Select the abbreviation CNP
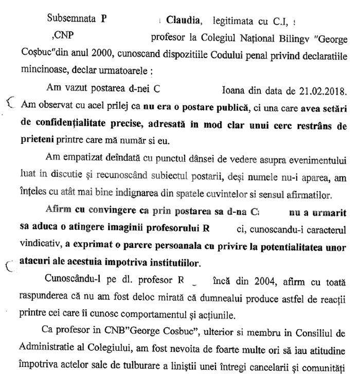click(63, 36)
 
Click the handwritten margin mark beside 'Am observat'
click(9, 103)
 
